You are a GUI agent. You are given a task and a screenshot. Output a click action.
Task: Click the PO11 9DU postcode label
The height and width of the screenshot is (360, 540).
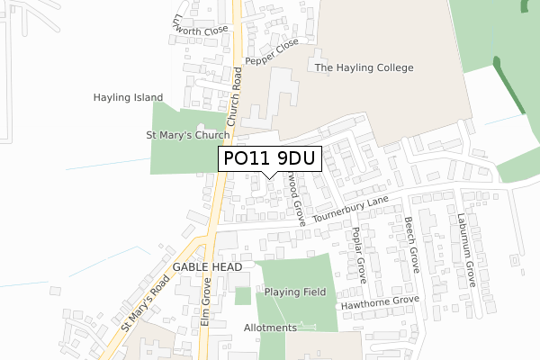269,159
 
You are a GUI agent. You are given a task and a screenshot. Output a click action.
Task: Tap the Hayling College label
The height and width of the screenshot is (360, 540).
364,67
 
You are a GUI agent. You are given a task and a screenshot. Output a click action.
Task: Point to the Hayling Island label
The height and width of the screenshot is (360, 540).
128,97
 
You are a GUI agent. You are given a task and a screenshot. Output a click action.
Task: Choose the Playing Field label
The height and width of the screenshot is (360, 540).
295,292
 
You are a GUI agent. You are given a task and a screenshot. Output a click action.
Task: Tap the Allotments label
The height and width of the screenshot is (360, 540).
270,328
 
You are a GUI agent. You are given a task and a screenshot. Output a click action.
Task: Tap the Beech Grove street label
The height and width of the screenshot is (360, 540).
412,245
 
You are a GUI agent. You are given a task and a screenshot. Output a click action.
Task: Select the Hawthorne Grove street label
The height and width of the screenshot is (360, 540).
379,303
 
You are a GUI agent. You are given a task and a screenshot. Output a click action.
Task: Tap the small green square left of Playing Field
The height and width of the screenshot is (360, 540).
242,295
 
